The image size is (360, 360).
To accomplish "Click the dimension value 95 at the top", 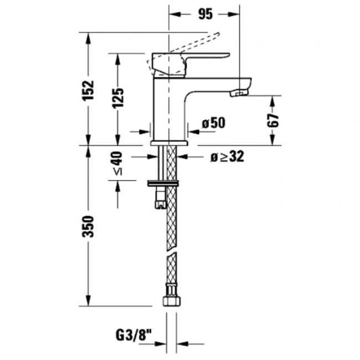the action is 205,14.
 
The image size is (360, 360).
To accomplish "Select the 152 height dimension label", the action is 89,90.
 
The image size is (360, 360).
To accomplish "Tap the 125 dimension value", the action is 118,98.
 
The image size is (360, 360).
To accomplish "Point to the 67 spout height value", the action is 272,120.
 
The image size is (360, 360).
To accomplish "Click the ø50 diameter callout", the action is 214,123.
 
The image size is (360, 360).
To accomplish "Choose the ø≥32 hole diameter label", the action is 227,157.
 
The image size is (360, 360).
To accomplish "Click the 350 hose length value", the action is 89,226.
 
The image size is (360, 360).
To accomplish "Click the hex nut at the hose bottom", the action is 172,301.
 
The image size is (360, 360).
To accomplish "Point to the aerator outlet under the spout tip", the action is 239,94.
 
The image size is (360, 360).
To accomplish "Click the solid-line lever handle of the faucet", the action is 191,64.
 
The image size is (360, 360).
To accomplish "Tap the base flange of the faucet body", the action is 169,143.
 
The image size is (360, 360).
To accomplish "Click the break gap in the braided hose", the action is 172,249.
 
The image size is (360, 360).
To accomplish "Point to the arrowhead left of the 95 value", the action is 174,14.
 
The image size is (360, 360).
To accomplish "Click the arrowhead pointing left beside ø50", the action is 193,132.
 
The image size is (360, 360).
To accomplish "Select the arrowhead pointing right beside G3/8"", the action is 161,344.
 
